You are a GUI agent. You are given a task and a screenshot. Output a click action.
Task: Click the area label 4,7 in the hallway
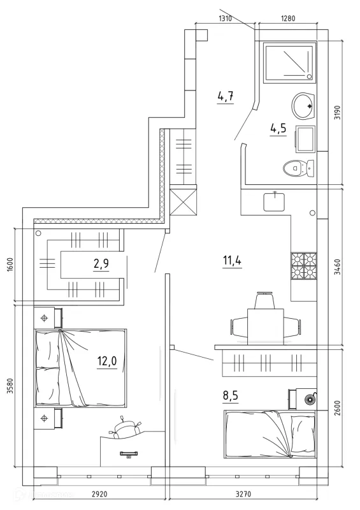pyautogui.click(x=226, y=96)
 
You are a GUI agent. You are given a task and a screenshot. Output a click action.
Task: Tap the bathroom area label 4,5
pyautogui.click(x=278, y=128)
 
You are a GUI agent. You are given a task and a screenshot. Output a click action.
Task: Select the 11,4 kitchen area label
pyautogui.click(x=232, y=261)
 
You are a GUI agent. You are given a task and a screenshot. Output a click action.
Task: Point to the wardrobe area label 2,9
pyautogui.click(x=101, y=263)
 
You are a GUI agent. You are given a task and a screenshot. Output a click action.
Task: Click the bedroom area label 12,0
pyautogui.click(x=107, y=361)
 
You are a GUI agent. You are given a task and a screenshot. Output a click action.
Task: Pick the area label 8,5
pyautogui.click(x=231, y=395)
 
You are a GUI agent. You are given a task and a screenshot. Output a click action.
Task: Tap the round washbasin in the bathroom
pyautogui.click(x=303, y=106)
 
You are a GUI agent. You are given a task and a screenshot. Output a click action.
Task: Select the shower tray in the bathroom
pyautogui.click(x=290, y=62)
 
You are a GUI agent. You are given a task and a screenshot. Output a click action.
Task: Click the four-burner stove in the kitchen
pyautogui.click(x=304, y=266)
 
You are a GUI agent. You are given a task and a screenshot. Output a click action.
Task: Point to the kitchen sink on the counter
pyautogui.click(x=274, y=201)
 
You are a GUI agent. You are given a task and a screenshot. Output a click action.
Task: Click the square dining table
pyautogui.click(x=265, y=326)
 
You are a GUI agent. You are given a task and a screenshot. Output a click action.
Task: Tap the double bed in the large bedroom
pyautogui.click(x=81, y=368)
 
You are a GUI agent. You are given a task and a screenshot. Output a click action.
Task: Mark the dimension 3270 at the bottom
pyautogui.click(x=243, y=494)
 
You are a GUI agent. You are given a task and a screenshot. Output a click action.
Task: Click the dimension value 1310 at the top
pyautogui.click(x=225, y=18)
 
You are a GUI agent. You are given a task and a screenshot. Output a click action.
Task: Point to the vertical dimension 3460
pyautogui.click(x=338, y=267)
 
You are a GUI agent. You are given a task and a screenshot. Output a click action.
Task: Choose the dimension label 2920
pyautogui.click(x=99, y=494)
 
